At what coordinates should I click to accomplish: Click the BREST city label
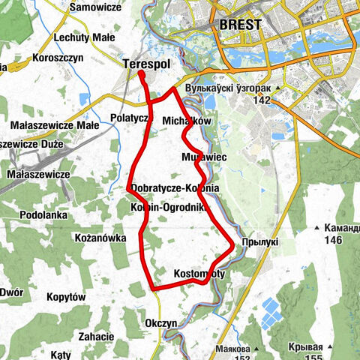tap(241, 25)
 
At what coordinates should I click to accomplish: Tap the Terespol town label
tap(146, 65)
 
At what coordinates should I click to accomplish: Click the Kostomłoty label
tap(199, 274)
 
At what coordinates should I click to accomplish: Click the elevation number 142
tap(261, 100)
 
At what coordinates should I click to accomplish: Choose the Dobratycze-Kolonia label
tap(174, 187)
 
